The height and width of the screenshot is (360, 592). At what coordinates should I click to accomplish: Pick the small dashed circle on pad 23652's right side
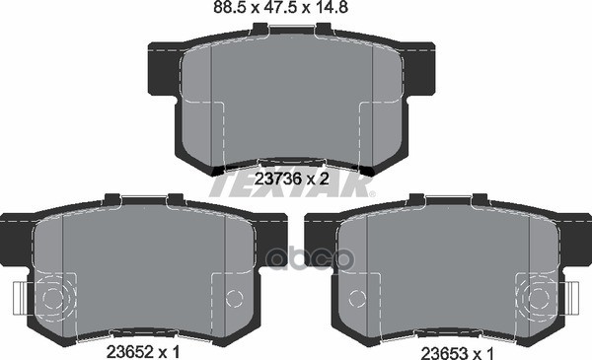[234, 298]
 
